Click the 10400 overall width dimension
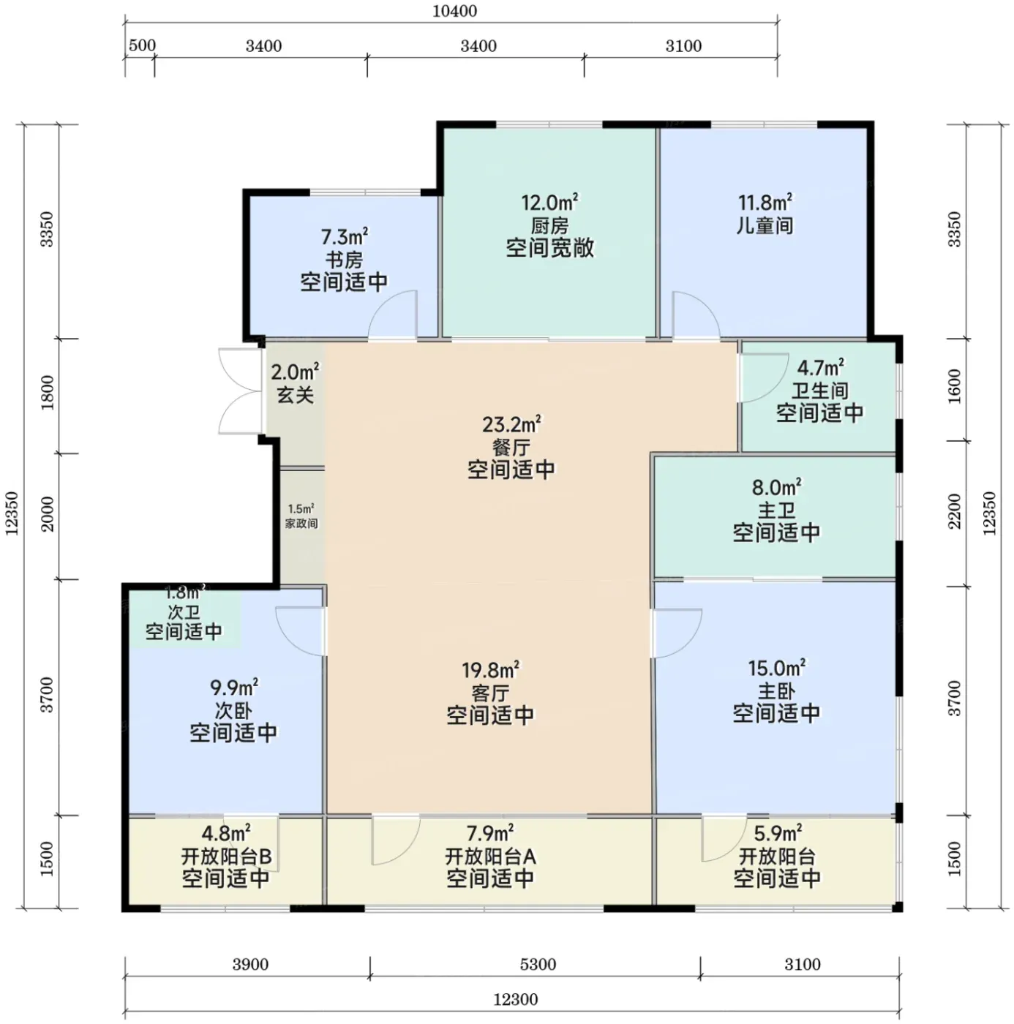454,11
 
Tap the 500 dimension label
142,45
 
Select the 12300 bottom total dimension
515,1000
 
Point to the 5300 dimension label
538,964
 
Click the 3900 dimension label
250,964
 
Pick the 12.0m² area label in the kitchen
549,202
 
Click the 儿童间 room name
765,225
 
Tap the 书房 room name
344,260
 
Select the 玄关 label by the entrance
295,394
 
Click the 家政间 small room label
301,524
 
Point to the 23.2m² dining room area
511,424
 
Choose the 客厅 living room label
489,693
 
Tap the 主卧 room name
776,691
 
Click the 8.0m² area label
776,486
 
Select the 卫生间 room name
819,391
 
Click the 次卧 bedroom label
233,711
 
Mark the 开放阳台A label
489,856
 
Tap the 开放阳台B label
227,856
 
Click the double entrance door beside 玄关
241,391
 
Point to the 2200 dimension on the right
955,511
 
